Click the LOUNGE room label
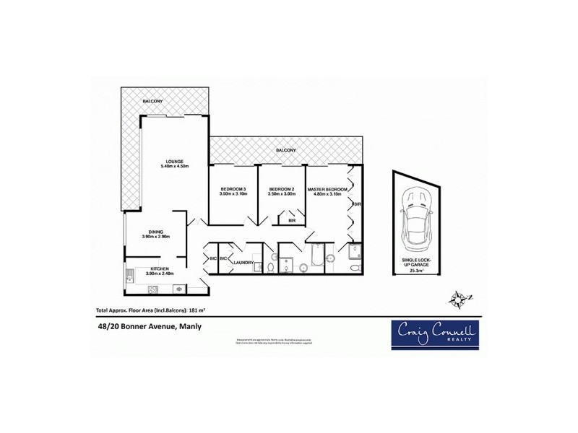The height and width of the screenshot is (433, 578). tap(174, 160)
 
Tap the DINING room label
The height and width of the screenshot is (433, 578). tap(157, 231)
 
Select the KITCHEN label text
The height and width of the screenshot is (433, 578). tap(158, 268)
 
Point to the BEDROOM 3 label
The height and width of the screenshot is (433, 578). tap(233, 189)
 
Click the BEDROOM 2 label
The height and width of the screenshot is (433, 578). tap(282, 189)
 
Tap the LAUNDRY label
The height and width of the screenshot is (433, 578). tap(243, 262)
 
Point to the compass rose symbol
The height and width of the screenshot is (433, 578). tap(458, 297)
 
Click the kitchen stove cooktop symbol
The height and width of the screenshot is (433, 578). tap(152, 289)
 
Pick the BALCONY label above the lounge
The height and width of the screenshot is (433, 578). tap(152, 100)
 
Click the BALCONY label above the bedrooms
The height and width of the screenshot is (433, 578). tap(285, 149)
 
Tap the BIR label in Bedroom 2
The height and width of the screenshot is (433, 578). tap(292, 220)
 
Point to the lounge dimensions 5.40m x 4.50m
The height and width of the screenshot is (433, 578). tap(174, 167)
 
